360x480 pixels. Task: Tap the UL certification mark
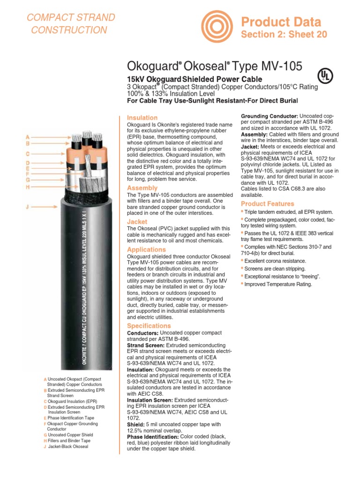323,75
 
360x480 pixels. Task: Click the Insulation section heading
142,118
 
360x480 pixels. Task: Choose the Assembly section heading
142,188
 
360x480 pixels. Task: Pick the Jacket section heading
137,221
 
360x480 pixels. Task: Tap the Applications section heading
146,249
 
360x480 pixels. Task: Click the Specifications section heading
149,325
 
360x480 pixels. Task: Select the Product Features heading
267,204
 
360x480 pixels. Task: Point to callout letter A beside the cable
28,136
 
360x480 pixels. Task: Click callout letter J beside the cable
28,206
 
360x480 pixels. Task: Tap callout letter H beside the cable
28,187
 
